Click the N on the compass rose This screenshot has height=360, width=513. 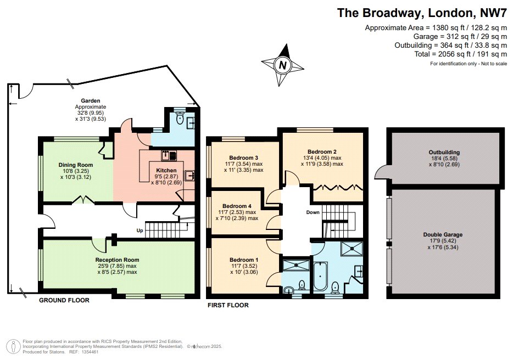coord(283,65)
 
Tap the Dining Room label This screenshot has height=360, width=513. coord(76,165)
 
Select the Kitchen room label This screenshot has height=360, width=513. coord(166,170)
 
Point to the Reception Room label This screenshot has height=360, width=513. coord(117,260)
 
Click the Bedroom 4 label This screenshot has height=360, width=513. coord(237,206)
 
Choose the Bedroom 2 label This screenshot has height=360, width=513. coord(322,151)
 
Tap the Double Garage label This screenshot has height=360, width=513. coord(443,234)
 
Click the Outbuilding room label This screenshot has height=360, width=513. coord(444,152)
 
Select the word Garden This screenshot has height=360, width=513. coord(90,101)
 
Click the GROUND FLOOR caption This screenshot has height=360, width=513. coord(64,300)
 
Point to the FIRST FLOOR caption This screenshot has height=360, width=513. coord(228,305)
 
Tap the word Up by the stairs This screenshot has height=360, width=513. coord(140,230)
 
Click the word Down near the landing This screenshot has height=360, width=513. coord(313,212)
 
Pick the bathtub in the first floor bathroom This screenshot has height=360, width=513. coord(320,276)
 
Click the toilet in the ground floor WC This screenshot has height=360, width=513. coord(179,119)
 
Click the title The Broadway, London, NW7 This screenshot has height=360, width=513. coord(422,13)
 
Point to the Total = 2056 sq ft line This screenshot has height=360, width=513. coord(461,54)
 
